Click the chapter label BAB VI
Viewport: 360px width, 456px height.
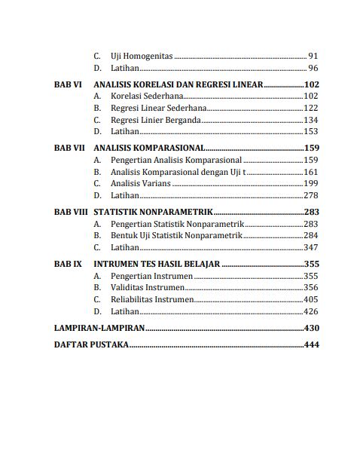click(68, 85)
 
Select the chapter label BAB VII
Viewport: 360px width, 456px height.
click(69, 148)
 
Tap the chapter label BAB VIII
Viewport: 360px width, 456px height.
click(71, 213)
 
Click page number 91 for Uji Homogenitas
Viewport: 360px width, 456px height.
click(313, 57)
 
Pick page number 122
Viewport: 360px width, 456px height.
click(311, 109)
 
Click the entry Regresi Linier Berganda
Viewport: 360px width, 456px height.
click(156, 120)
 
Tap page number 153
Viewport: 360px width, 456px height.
click(311, 131)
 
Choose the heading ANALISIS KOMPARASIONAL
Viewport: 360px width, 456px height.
click(148, 148)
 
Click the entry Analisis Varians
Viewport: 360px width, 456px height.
click(141, 183)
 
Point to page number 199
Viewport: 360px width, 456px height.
click(311, 183)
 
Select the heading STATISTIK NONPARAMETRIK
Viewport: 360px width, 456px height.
click(152, 213)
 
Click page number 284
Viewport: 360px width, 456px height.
click(311, 236)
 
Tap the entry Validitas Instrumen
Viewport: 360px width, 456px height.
click(147, 288)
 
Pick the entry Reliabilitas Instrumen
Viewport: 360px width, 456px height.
click(152, 299)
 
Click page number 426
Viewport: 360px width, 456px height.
click(311, 311)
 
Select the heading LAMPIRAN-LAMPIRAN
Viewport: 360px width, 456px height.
click(99, 328)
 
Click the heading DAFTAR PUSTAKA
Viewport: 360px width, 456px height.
click(91, 345)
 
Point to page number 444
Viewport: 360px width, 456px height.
click(311, 345)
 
